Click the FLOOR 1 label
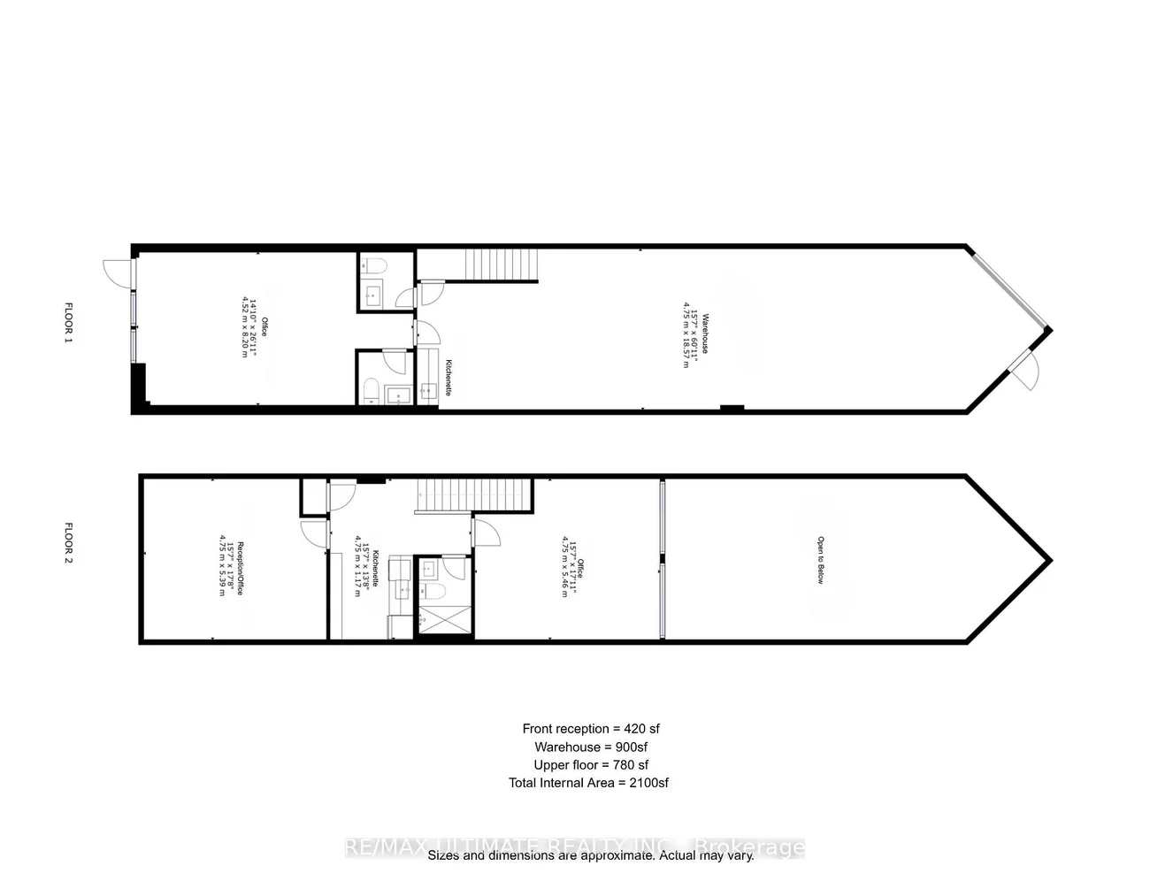coord(69,323)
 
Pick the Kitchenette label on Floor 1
coord(449,377)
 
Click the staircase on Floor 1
coord(502,264)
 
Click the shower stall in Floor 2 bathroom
coord(443,621)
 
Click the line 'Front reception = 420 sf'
coord(591,729)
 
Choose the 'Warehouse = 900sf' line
coord(592,747)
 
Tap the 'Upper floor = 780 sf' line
coord(591,764)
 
